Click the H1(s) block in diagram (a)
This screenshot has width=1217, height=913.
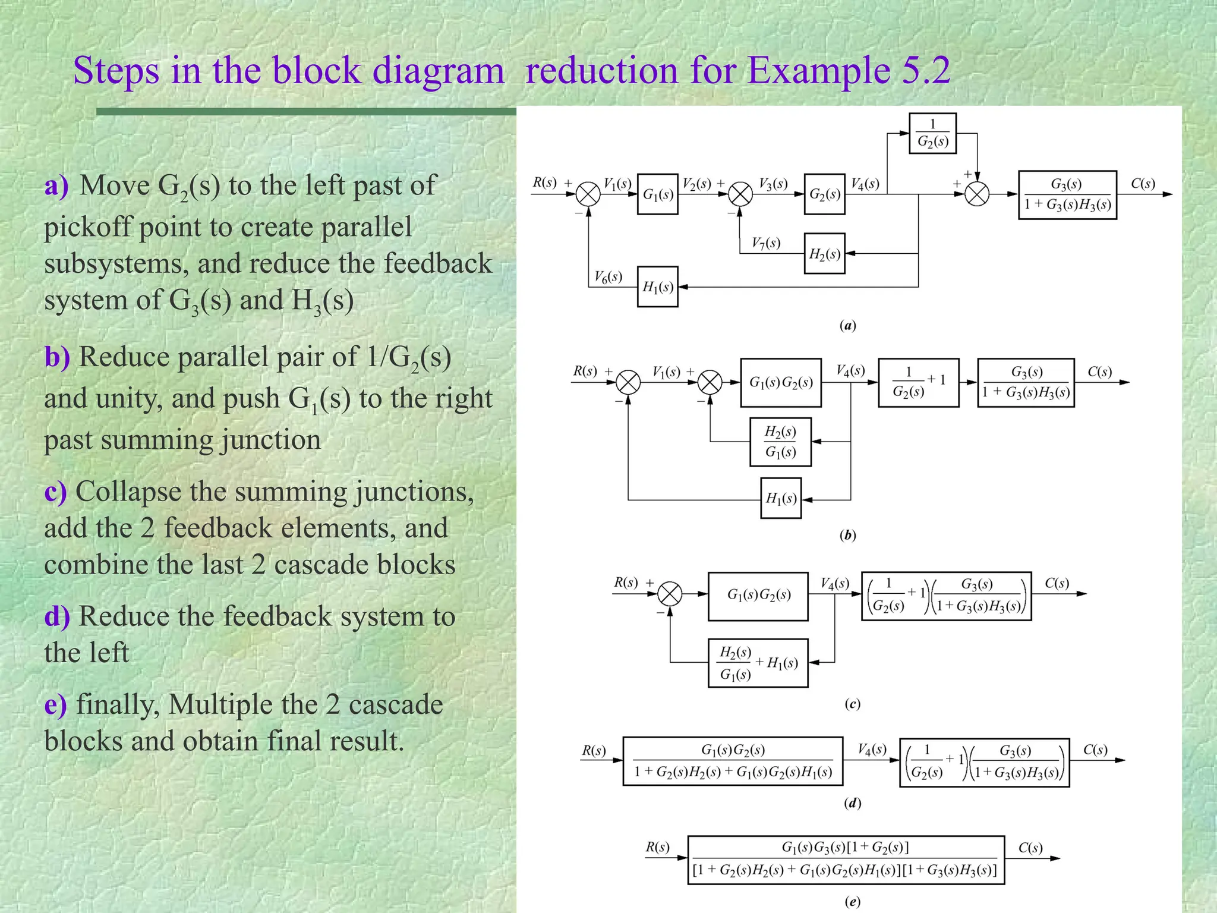pyautogui.click(x=657, y=287)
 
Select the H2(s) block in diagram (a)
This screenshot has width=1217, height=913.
pyautogui.click(x=824, y=254)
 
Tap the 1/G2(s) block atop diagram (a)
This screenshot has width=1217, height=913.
pyautogui.click(x=932, y=133)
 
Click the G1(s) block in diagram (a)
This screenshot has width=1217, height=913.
pyautogui.click(x=657, y=194)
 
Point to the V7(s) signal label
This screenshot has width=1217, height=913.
pyautogui.click(x=765, y=243)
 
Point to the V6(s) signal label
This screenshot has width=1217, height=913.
pyautogui.click(x=608, y=276)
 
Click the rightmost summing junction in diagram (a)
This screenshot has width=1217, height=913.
pyautogui.click(x=977, y=194)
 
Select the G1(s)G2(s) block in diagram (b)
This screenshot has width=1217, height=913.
pyautogui.click(x=781, y=382)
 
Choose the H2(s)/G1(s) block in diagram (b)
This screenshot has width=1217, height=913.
pyautogui.click(x=780, y=442)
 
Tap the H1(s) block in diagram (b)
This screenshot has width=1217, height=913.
pyautogui.click(x=781, y=498)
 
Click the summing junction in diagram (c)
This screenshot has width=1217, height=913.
pyautogui.click(x=670, y=594)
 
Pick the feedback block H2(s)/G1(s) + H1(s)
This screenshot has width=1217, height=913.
pyautogui.click(x=758, y=663)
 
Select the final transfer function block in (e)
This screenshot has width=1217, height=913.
pyautogui.click(x=846, y=860)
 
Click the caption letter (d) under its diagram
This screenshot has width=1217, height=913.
pyautogui.click(x=852, y=804)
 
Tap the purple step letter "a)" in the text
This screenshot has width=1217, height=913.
pyautogui.click(x=56, y=185)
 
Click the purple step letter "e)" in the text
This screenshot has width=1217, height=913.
pyautogui.click(x=55, y=705)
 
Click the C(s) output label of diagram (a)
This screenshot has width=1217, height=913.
pyautogui.click(x=1143, y=184)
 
